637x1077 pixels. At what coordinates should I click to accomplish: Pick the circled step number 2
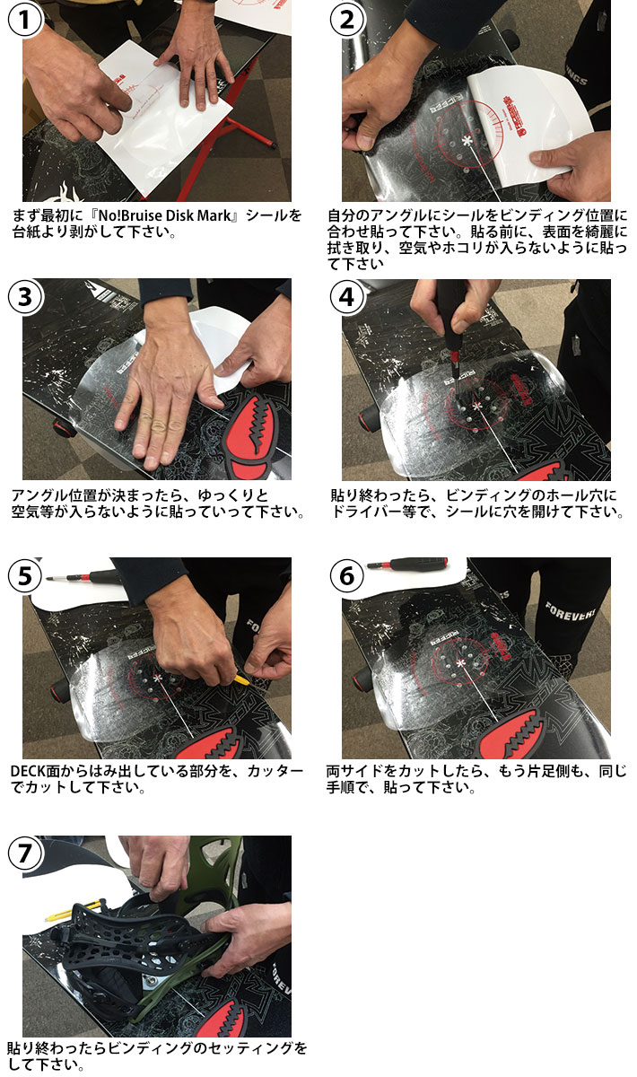coord(347,21)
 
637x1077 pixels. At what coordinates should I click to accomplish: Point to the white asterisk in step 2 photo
coord(466,141)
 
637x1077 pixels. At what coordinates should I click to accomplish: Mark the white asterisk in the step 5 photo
coord(159,675)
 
